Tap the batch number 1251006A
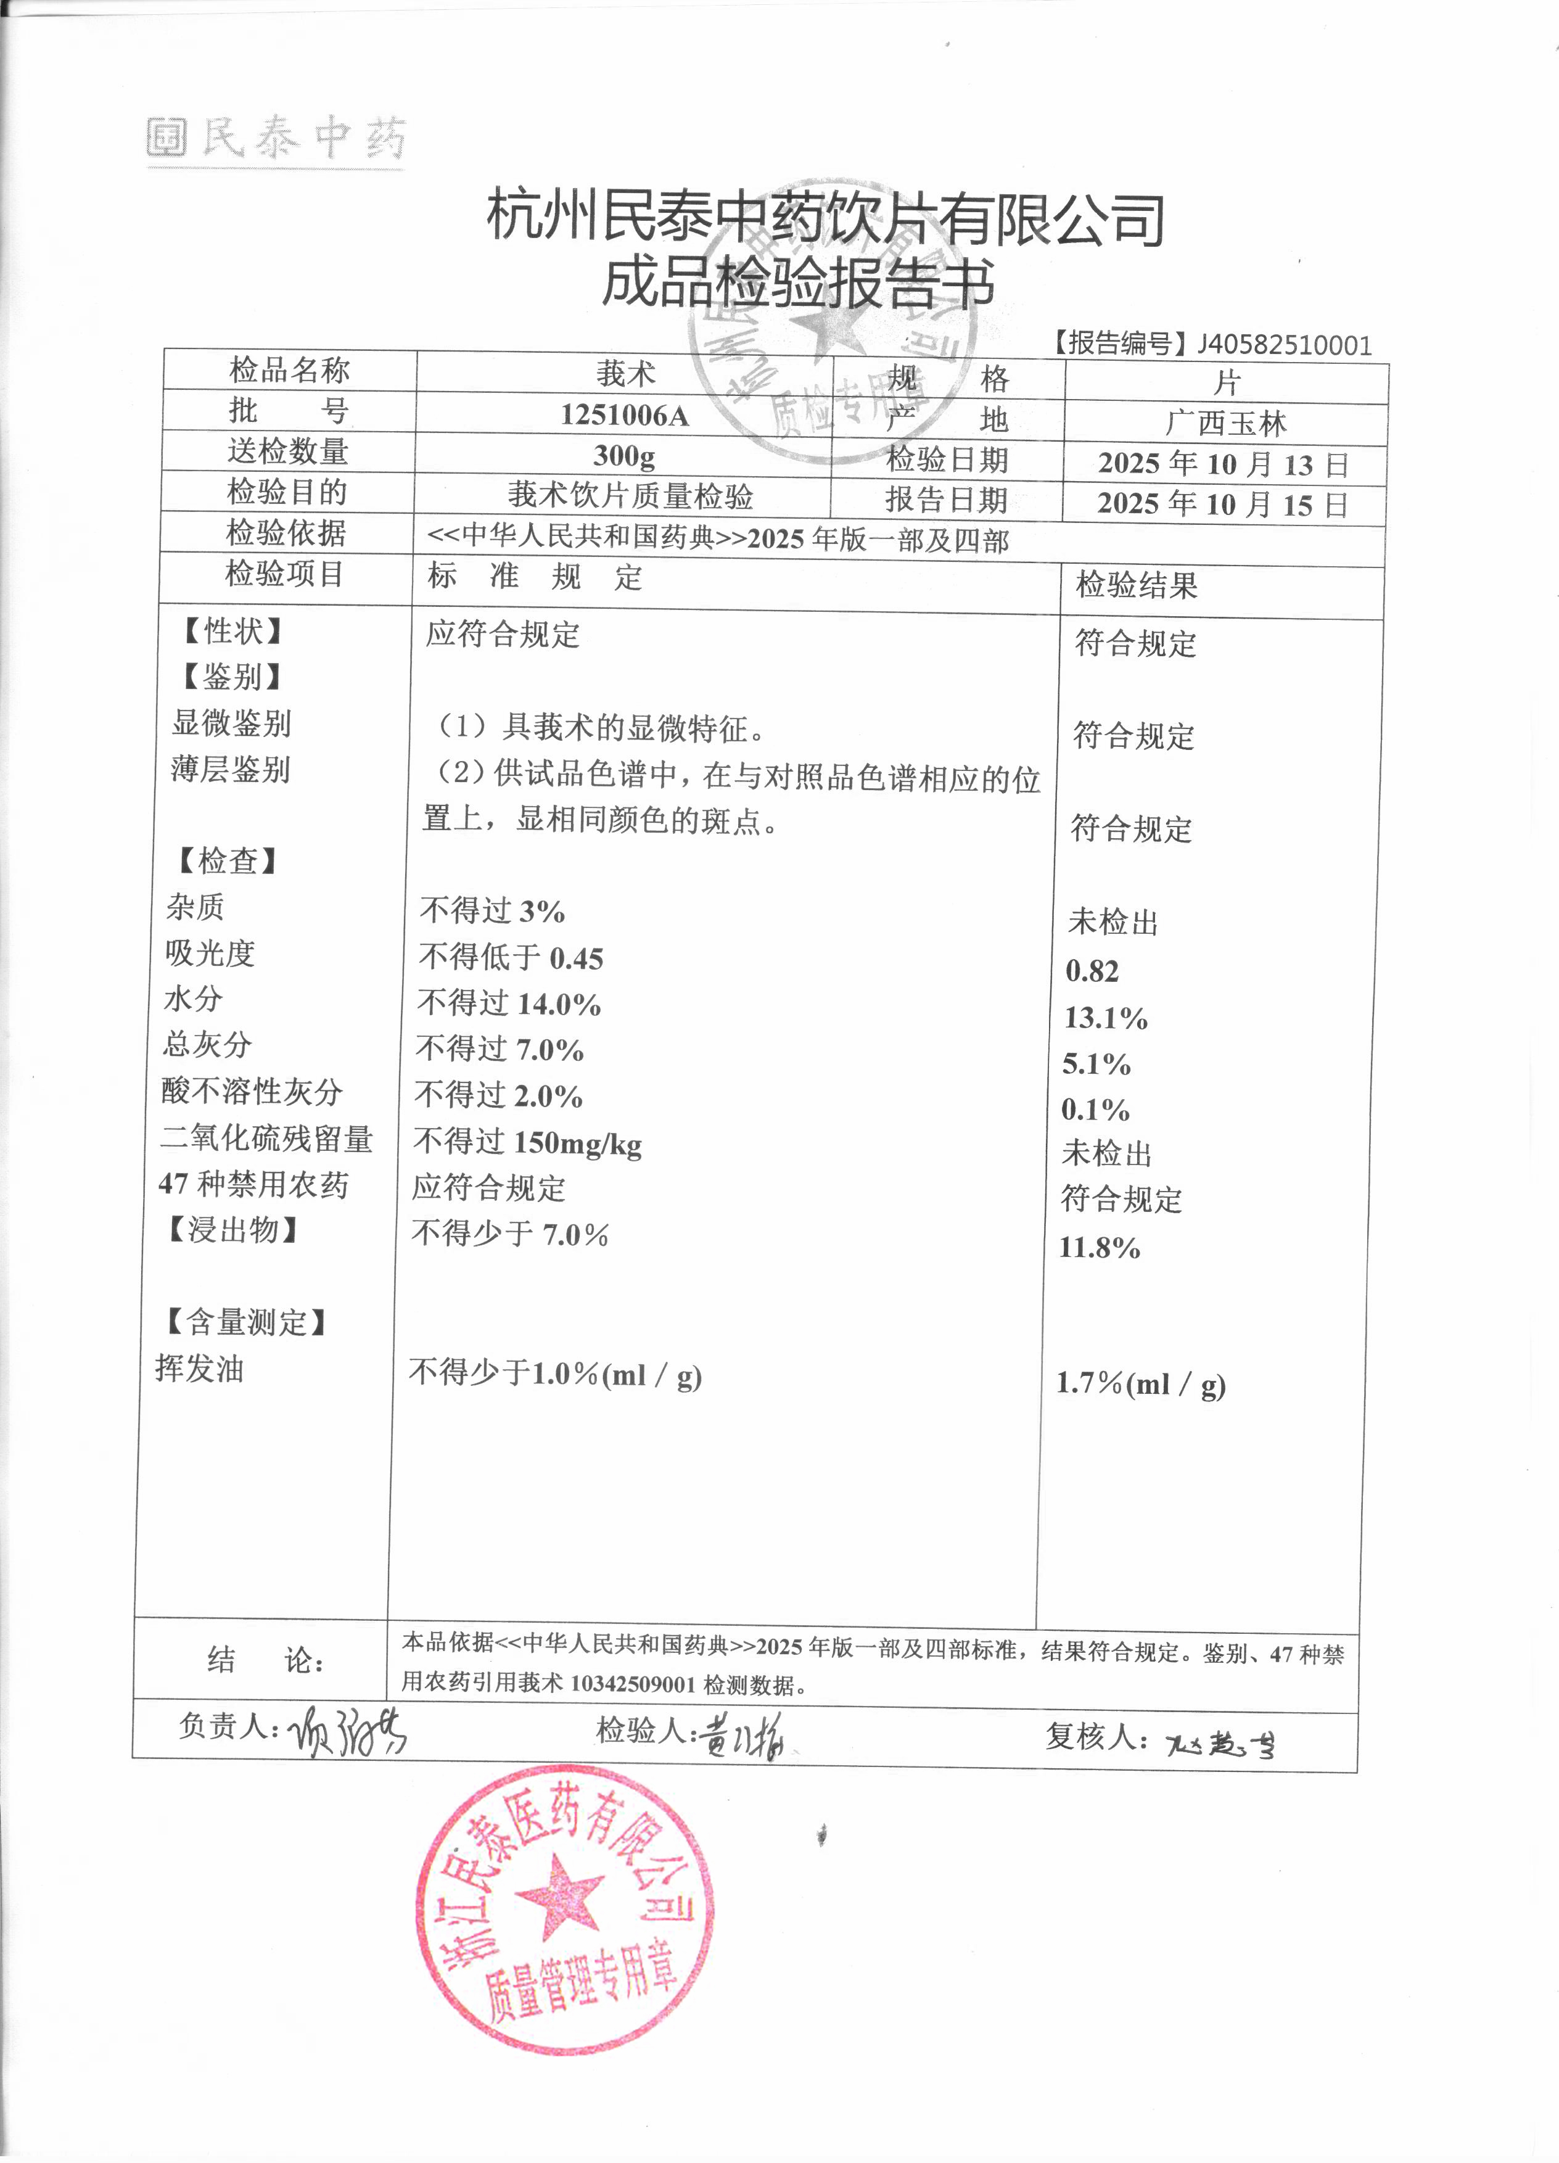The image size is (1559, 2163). [x=625, y=415]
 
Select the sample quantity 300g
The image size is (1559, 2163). [x=625, y=455]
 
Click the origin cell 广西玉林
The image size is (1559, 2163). [x=1225, y=424]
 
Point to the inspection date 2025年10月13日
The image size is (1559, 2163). [x=1224, y=464]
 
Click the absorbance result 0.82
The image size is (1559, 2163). [x=1092, y=971]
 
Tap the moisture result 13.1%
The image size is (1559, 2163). [x=1105, y=1018]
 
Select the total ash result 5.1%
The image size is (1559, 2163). [x=1096, y=1063]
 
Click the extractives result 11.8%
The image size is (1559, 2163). [x=1100, y=1248]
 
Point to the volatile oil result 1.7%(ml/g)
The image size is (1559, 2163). [x=1140, y=1384]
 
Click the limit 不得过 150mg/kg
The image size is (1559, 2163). [x=527, y=1142]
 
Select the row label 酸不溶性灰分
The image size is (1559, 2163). [x=252, y=1091]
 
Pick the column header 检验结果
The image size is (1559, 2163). [x=1137, y=585]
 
